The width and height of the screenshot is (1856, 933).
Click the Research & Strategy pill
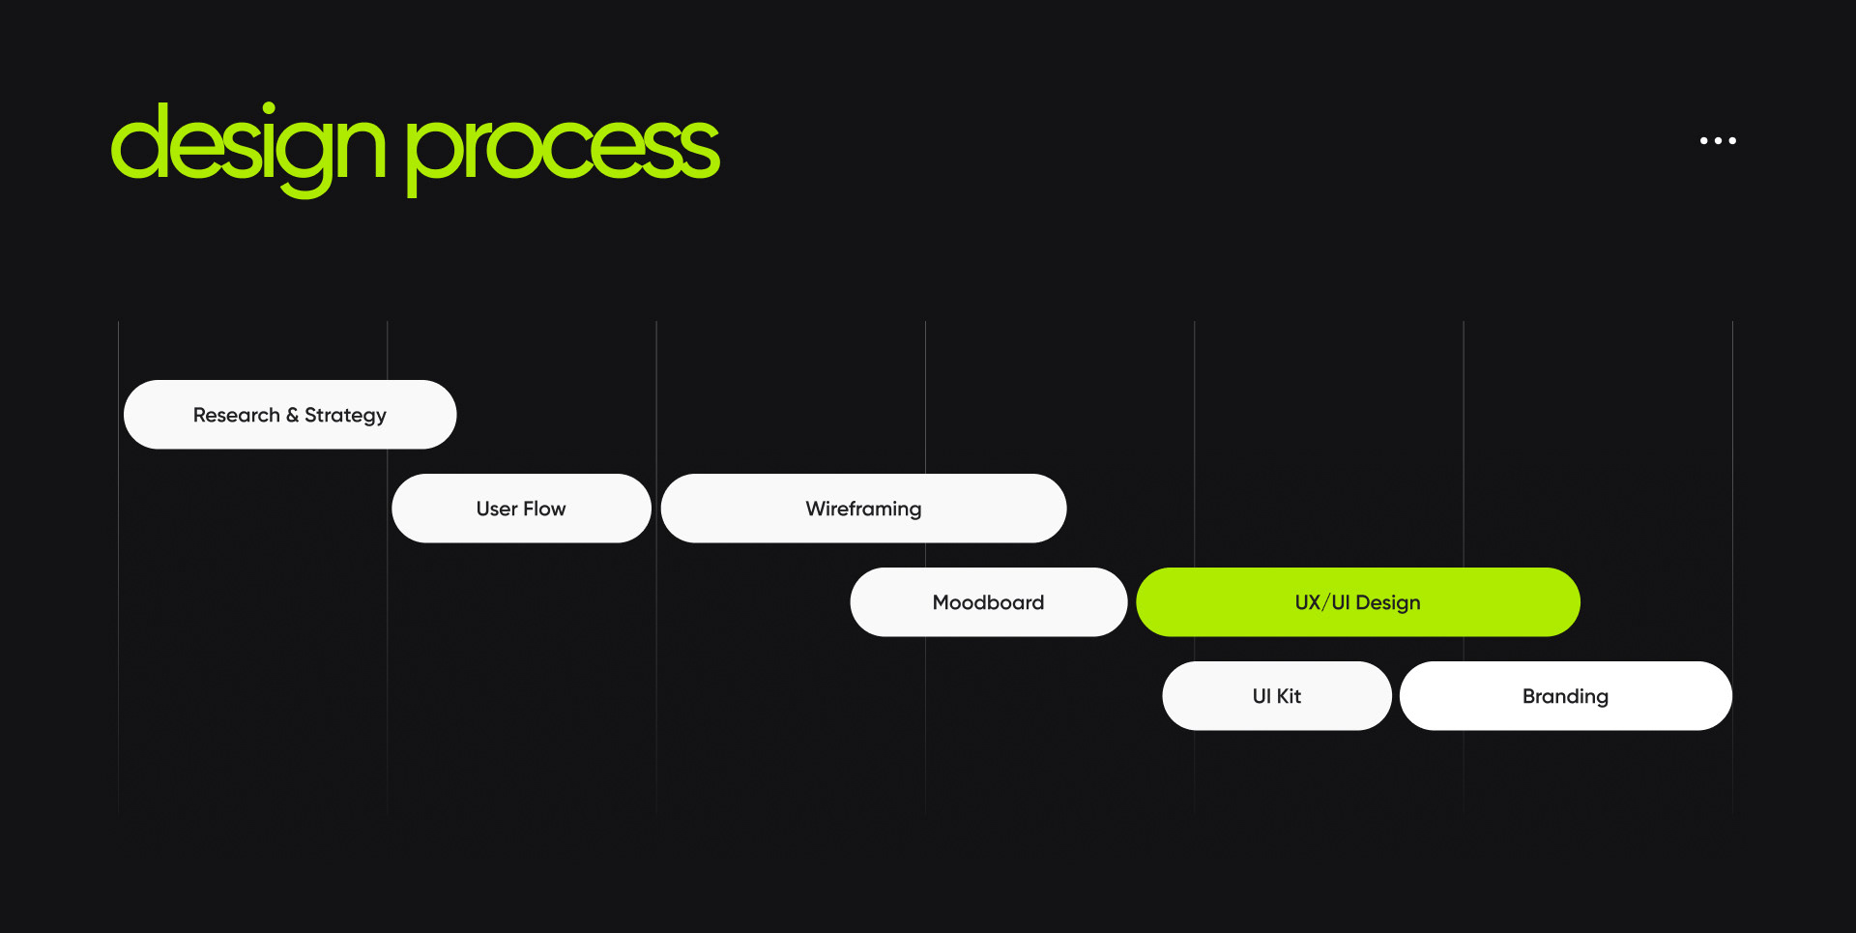[x=290, y=415]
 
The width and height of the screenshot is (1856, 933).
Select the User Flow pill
[x=521, y=509]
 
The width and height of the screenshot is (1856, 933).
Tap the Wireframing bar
[x=863, y=509]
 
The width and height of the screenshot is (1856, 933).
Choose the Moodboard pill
[x=988, y=602]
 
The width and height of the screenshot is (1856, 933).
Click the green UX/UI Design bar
[x=1357, y=602]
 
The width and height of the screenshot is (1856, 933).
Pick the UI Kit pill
[x=1276, y=696]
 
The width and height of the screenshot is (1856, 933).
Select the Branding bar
[x=1565, y=696]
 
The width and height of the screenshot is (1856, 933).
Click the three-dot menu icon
[x=1718, y=141]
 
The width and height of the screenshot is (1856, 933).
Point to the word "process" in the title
[x=562, y=151]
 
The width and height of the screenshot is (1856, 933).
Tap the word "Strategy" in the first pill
[x=345, y=416]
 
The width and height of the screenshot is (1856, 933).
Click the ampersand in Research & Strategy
[x=292, y=415]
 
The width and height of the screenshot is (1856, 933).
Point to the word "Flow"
[x=544, y=509]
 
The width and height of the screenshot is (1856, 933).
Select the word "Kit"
[x=1289, y=696]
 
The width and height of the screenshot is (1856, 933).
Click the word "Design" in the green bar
[x=1388, y=603]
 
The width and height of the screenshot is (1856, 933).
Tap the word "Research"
[x=236, y=415]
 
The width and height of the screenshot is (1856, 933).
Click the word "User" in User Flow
[x=497, y=509]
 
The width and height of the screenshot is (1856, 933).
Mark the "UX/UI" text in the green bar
[x=1321, y=602]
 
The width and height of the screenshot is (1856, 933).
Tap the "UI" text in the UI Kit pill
[x=1261, y=696]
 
